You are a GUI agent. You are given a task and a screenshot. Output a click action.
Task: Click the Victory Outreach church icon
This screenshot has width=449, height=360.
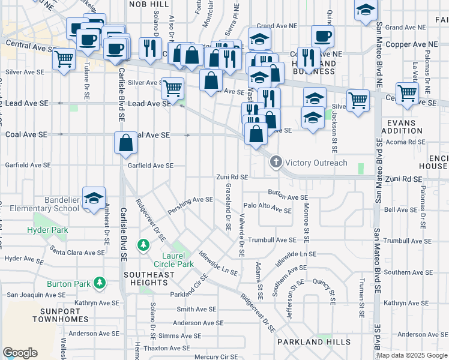pos(276,162)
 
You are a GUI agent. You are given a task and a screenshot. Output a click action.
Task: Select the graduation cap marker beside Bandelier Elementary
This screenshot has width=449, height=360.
pos(94,199)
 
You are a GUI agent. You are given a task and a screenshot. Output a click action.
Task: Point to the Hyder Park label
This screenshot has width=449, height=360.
pos(47,230)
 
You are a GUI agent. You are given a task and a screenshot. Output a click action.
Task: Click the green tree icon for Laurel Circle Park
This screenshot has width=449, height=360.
pos(143,245)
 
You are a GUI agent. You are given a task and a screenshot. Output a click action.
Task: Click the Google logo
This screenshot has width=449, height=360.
pos(20,353)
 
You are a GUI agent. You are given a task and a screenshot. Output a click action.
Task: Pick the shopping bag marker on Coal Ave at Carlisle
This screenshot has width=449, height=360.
pos(125,143)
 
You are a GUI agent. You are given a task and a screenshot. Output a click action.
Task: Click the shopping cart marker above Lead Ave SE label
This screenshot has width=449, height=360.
pos(172,89)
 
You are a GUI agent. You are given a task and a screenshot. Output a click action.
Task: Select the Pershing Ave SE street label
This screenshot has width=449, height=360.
pos(191,200)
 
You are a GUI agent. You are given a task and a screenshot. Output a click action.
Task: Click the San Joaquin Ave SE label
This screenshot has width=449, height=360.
pos(35,295)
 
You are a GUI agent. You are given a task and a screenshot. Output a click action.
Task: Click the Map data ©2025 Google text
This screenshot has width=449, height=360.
pos(412,355)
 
